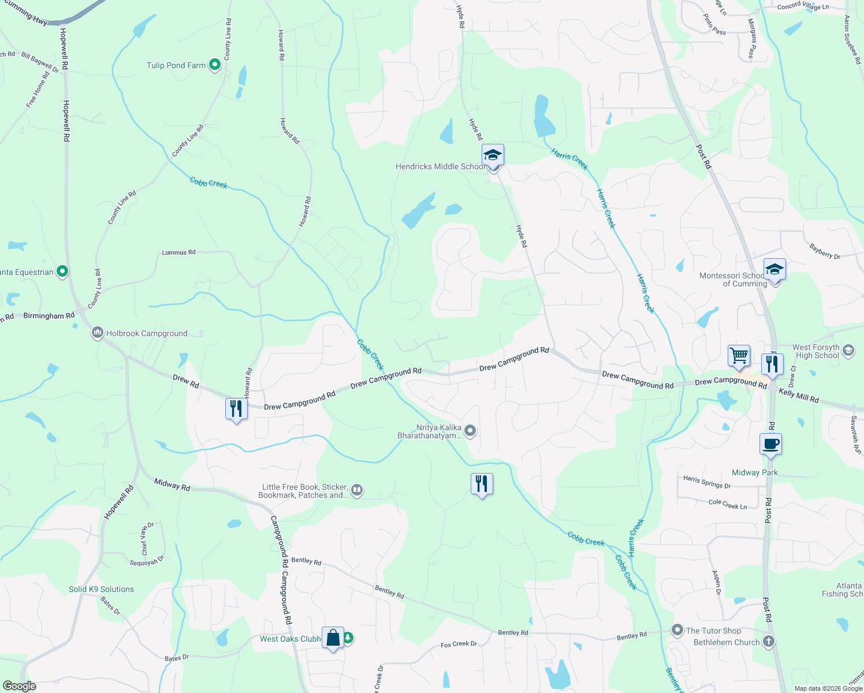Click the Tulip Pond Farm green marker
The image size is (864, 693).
point(215,65)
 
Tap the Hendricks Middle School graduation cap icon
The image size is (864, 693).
point(493,155)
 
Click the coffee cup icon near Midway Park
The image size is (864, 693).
point(770,444)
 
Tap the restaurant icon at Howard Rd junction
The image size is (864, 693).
point(236,409)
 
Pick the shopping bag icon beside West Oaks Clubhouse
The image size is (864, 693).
point(333,638)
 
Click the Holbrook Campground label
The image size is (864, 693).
point(147,333)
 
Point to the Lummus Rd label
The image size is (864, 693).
point(178,252)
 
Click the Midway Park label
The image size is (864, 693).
point(754,472)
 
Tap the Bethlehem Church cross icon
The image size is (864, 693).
point(768,642)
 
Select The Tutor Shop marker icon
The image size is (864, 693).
point(677,630)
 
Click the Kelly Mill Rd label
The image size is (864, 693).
point(799,396)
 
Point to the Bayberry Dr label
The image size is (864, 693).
point(825,251)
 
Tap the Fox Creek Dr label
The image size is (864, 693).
point(459,644)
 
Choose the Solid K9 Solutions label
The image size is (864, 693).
point(101,589)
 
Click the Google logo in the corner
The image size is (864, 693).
point(20,685)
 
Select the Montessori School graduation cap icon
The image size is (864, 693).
point(774,270)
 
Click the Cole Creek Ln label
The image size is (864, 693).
point(727,504)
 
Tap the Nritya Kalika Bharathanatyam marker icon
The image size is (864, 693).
point(471,430)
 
